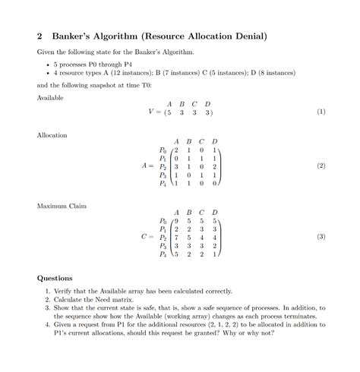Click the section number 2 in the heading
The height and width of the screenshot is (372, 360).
tap(39, 36)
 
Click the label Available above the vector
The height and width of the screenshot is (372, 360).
tap(50, 98)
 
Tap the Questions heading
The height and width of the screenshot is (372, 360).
tap(55, 278)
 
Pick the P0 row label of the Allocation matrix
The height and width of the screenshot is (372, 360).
tap(163, 150)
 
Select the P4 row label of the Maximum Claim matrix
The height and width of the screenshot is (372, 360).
tap(163, 255)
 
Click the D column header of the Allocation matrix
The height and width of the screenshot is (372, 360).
tap(214, 141)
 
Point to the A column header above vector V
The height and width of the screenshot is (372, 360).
tap(170, 103)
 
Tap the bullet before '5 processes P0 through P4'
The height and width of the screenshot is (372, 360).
tap(47, 65)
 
